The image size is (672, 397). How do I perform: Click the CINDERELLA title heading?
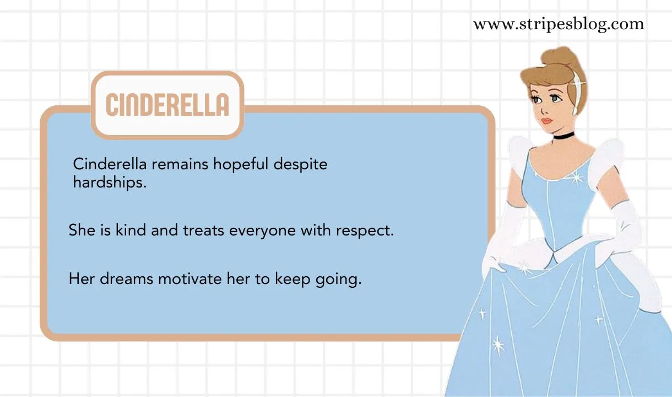pyautogui.click(x=167, y=104)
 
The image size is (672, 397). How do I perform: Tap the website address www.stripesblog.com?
pyautogui.click(x=558, y=24)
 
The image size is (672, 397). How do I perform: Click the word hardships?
pyautogui.click(x=110, y=183)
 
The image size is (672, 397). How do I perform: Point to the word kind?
pyautogui.click(x=131, y=230)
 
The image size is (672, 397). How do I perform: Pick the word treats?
pyautogui.click(x=203, y=230)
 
